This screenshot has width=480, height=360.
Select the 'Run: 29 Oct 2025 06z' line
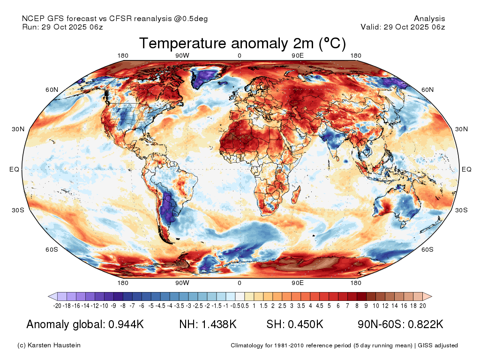click(62, 27)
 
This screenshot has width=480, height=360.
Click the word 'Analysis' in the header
click(429, 19)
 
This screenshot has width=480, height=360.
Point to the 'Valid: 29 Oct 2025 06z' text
click(403, 27)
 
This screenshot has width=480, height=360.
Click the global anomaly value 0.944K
click(126, 324)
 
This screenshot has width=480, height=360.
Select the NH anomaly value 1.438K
click(219, 324)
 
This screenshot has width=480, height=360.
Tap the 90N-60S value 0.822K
click(426, 324)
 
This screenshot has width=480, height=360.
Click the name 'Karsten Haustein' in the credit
click(54, 345)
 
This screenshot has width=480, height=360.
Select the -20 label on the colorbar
click(57, 306)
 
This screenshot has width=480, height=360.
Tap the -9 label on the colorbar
click(113, 306)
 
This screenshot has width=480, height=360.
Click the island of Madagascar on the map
click(296, 196)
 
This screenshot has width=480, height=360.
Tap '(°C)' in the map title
click(332, 44)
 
